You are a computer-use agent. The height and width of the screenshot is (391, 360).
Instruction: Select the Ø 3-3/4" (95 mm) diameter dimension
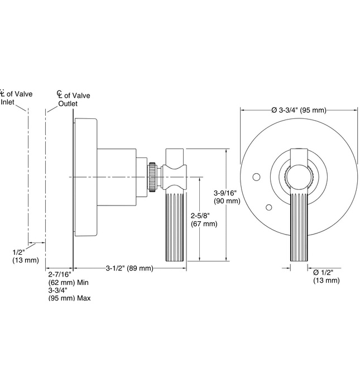click(x=299, y=110)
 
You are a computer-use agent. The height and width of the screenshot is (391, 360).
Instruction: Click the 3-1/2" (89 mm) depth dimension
click(x=129, y=268)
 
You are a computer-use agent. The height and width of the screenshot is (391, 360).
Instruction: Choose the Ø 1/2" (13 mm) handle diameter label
click(x=326, y=276)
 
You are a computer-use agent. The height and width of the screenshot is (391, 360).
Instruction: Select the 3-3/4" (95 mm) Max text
click(x=70, y=294)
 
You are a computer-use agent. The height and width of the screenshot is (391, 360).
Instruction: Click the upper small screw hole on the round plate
click(x=257, y=178)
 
